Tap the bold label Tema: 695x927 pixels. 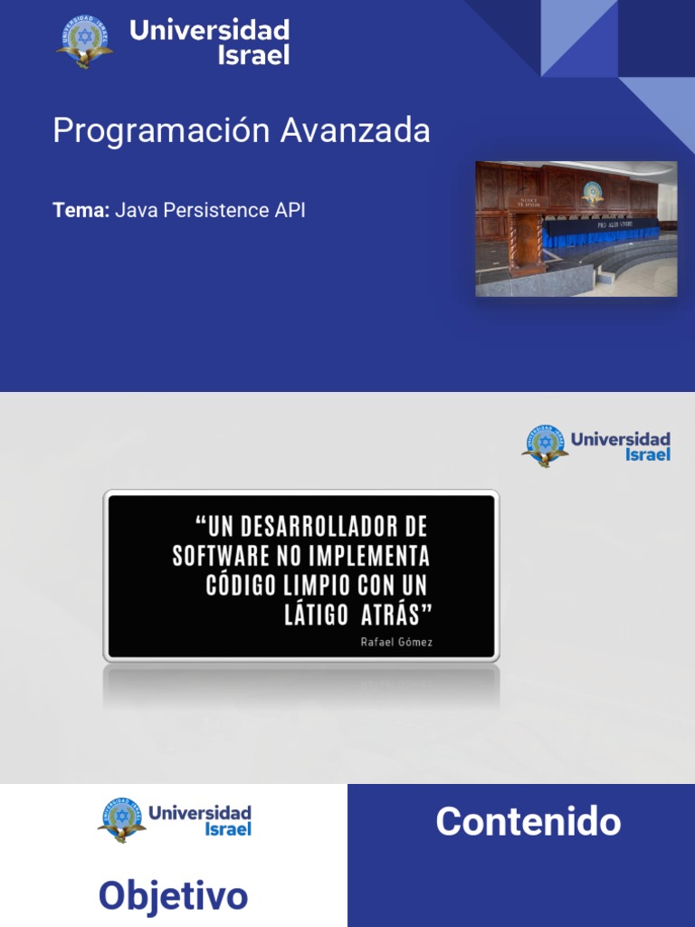click(81, 210)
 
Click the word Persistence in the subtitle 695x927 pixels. click(212, 210)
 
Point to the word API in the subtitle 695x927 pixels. click(290, 210)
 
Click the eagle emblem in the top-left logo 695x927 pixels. click(85, 42)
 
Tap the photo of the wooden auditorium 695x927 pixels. click(576, 228)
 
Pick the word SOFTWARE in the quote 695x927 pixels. click(214, 555)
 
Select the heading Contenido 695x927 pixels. click(528, 821)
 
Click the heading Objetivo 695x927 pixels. click(173, 895)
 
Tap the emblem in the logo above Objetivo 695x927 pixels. click(121, 819)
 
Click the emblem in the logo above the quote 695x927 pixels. click(545, 445)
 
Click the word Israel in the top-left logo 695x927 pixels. click(254, 54)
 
